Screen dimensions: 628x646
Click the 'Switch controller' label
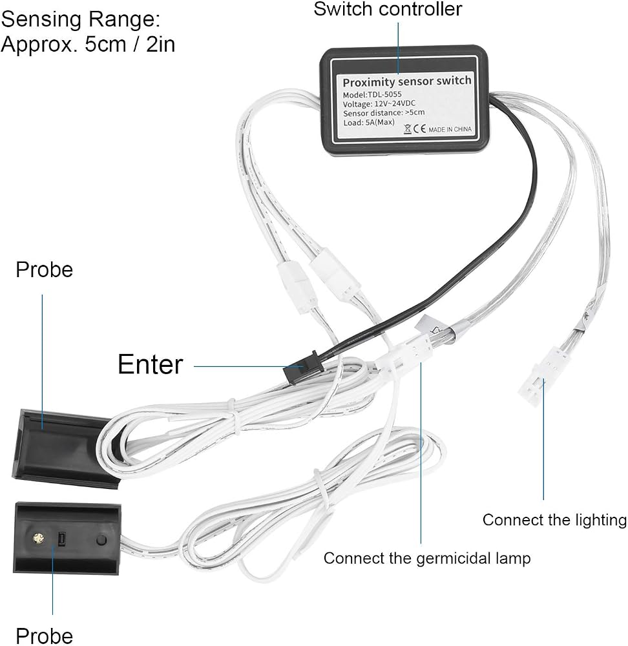coord(388,8)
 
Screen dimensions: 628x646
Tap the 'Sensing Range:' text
coord(81,19)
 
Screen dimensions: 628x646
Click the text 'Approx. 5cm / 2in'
coord(88,44)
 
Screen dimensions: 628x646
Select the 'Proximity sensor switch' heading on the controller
coord(407,81)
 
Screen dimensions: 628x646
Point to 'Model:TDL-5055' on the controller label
coord(372,94)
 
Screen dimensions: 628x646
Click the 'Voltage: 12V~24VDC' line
coord(379,103)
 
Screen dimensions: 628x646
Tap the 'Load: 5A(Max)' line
coord(369,122)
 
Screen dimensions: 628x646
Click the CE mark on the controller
coord(419,129)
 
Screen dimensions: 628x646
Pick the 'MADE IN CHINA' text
coord(450,129)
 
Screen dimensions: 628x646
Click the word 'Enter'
coord(150,364)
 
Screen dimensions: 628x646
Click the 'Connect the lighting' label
coord(554,520)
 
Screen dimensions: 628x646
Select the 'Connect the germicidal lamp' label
coord(427,558)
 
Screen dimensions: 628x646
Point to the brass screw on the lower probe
coord(38,539)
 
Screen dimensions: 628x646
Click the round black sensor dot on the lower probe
coord(101,539)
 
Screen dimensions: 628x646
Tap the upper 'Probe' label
coord(44,270)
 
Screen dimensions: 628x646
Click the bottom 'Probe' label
coord(44,636)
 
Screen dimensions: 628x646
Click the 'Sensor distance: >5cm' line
coord(384,113)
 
